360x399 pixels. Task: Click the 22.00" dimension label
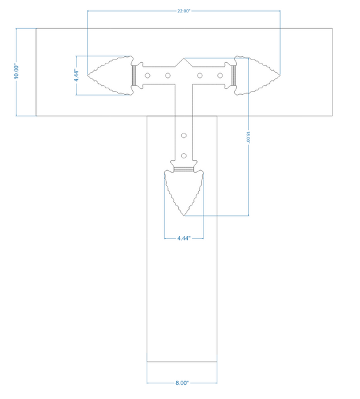pyautogui.click(x=184, y=11)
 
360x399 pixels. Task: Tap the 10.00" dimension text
pyautogui.click(x=16, y=72)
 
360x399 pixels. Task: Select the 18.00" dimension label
pyautogui.click(x=248, y=137)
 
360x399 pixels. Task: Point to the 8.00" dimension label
pyautogui.click(x=182, y=383)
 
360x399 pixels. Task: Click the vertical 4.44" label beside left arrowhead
pyautogui.click(x=77, y=75)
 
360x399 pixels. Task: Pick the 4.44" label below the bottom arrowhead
pyautogui.click(x=184, y=238)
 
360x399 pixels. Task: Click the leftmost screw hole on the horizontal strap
pyautogui.click(x=147, y=75)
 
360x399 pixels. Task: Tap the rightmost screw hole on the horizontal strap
pyautogui.click(x=220, y=75)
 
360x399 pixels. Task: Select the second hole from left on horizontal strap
pyautogui.click(x=168, y=75)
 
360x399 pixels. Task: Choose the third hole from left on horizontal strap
pyautogui.click(x=200, y=75)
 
